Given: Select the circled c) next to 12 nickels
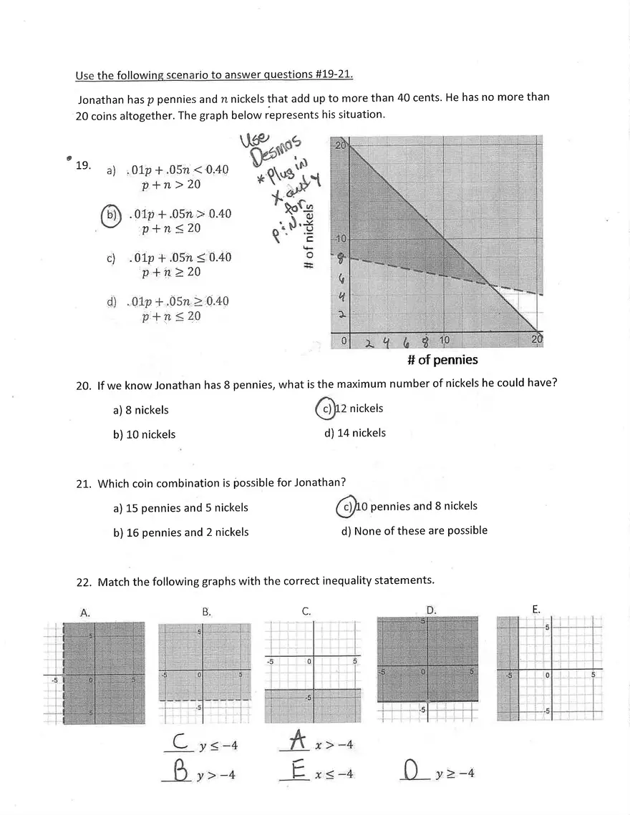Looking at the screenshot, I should tap(326, 409).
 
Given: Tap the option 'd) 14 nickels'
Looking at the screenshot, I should tap(354, 433).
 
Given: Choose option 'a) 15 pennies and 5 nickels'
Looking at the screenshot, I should tap(180, 508).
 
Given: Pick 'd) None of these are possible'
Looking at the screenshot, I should tap(415, 531).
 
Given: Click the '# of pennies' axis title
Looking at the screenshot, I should tap(442, 360).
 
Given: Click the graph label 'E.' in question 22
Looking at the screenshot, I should tap(536, 610).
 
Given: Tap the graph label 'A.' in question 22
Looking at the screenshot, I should tap(85, 613).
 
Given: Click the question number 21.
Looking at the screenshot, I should tap(84, 484).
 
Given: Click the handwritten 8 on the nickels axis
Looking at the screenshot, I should tap(341, 255).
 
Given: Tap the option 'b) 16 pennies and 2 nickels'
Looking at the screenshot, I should tap(181, 532).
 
